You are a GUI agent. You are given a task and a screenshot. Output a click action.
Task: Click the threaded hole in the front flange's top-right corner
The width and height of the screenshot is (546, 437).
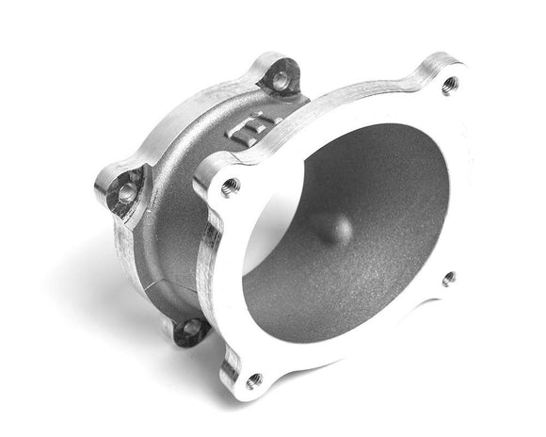[x=449, y=84]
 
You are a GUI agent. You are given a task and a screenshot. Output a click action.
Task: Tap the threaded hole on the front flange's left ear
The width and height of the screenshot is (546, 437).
[x=229, y=186]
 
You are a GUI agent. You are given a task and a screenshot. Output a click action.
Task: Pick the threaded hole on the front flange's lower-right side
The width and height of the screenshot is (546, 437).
[x=448, y=279]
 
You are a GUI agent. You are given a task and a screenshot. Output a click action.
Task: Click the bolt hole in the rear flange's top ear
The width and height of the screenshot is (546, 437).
[x=280, y=80]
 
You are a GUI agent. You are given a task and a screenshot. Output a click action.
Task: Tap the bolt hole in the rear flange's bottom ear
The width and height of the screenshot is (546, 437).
[x=191, y=329]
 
